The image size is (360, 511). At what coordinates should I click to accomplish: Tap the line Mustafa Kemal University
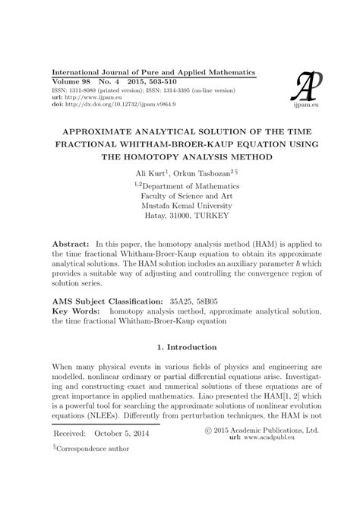pos(180,204)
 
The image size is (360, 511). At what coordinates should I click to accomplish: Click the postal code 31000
pos(181,216)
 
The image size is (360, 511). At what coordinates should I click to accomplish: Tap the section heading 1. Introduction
pos(180,347)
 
